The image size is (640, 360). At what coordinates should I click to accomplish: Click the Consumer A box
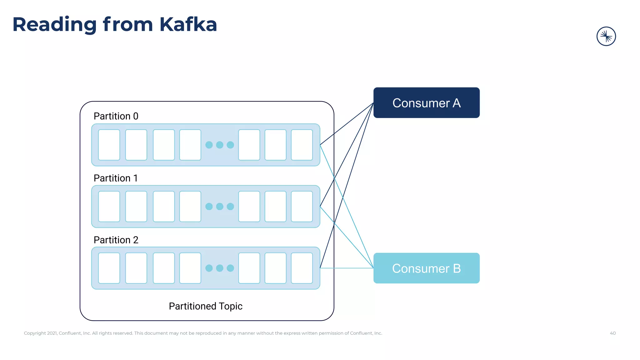pos(426,103)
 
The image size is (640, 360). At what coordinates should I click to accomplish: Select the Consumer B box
pos(426,268)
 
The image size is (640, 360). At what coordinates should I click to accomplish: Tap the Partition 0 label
pos(116,116)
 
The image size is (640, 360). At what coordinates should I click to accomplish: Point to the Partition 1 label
pos(116,178)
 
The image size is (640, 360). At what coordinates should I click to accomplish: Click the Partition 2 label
pos(116,240)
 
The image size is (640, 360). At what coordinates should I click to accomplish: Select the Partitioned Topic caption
pos(206,306)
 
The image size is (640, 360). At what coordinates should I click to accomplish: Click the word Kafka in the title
pos(188,24)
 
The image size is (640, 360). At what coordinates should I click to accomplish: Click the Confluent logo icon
pos(606,36)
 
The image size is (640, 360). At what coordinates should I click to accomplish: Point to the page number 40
pos(612,333)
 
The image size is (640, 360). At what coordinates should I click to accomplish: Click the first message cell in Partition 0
pos(109,145)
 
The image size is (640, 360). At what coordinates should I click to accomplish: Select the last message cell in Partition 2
pos(302,268)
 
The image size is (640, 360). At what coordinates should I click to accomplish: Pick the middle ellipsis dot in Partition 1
pos(220,207)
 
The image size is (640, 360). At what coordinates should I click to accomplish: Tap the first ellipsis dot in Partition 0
pos(209,145)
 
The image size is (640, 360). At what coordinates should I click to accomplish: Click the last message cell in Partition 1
pos(302,207)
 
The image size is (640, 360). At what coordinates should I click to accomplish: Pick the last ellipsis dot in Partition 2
pos(230,268)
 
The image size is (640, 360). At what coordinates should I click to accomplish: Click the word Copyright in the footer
pos(35,333)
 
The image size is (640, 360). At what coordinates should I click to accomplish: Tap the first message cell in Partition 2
pos(109,268)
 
